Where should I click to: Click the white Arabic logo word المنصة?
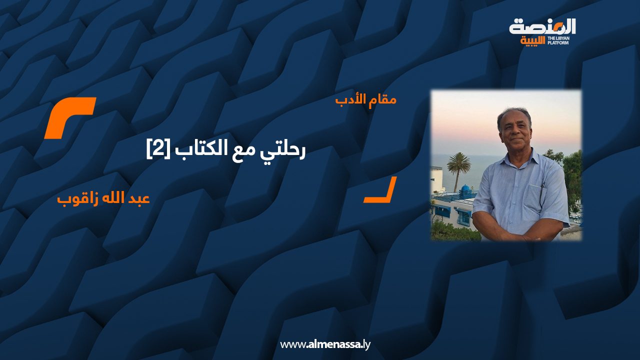(542, 27)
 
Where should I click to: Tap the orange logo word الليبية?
(533, 41)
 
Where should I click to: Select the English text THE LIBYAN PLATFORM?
(559, 40)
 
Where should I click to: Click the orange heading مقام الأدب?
(366, 100)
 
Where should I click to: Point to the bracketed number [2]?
(157, 149)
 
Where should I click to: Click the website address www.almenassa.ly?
(325, 344)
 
